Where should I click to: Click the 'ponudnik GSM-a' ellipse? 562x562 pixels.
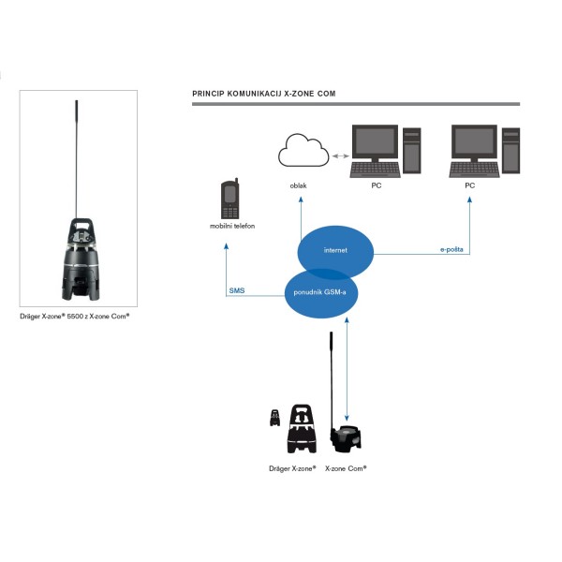pos(321,294)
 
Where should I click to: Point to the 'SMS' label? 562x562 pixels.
pos(237,291)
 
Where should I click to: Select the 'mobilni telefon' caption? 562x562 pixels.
pos(231,227)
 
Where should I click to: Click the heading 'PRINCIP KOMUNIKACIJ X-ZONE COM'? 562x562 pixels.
pos(263,94)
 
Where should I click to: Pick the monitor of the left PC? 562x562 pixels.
pos(375,143)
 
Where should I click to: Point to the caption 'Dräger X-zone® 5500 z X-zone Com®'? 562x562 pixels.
pos(75,317)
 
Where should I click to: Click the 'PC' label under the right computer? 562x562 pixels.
pos(469,185)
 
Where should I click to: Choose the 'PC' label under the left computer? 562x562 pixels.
pos(375,185)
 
